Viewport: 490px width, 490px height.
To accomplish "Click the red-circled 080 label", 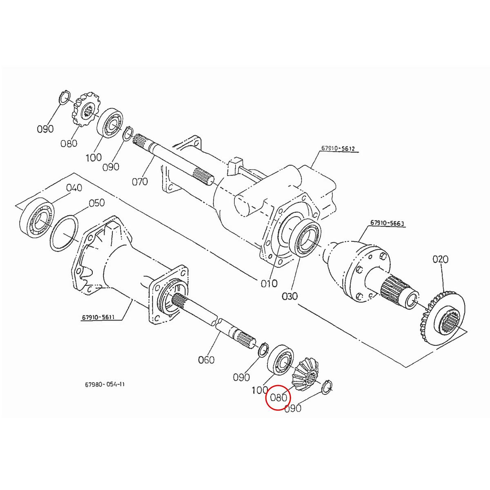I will click(278, 397).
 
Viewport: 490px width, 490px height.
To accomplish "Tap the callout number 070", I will click(140, 181).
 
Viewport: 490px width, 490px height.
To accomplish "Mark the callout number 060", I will click(206, 360).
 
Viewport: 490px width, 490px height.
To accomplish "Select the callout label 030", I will click(290, 296).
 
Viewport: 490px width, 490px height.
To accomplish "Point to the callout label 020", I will click(440, 259).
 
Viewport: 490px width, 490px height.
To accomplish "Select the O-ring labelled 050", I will click(64, 234).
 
